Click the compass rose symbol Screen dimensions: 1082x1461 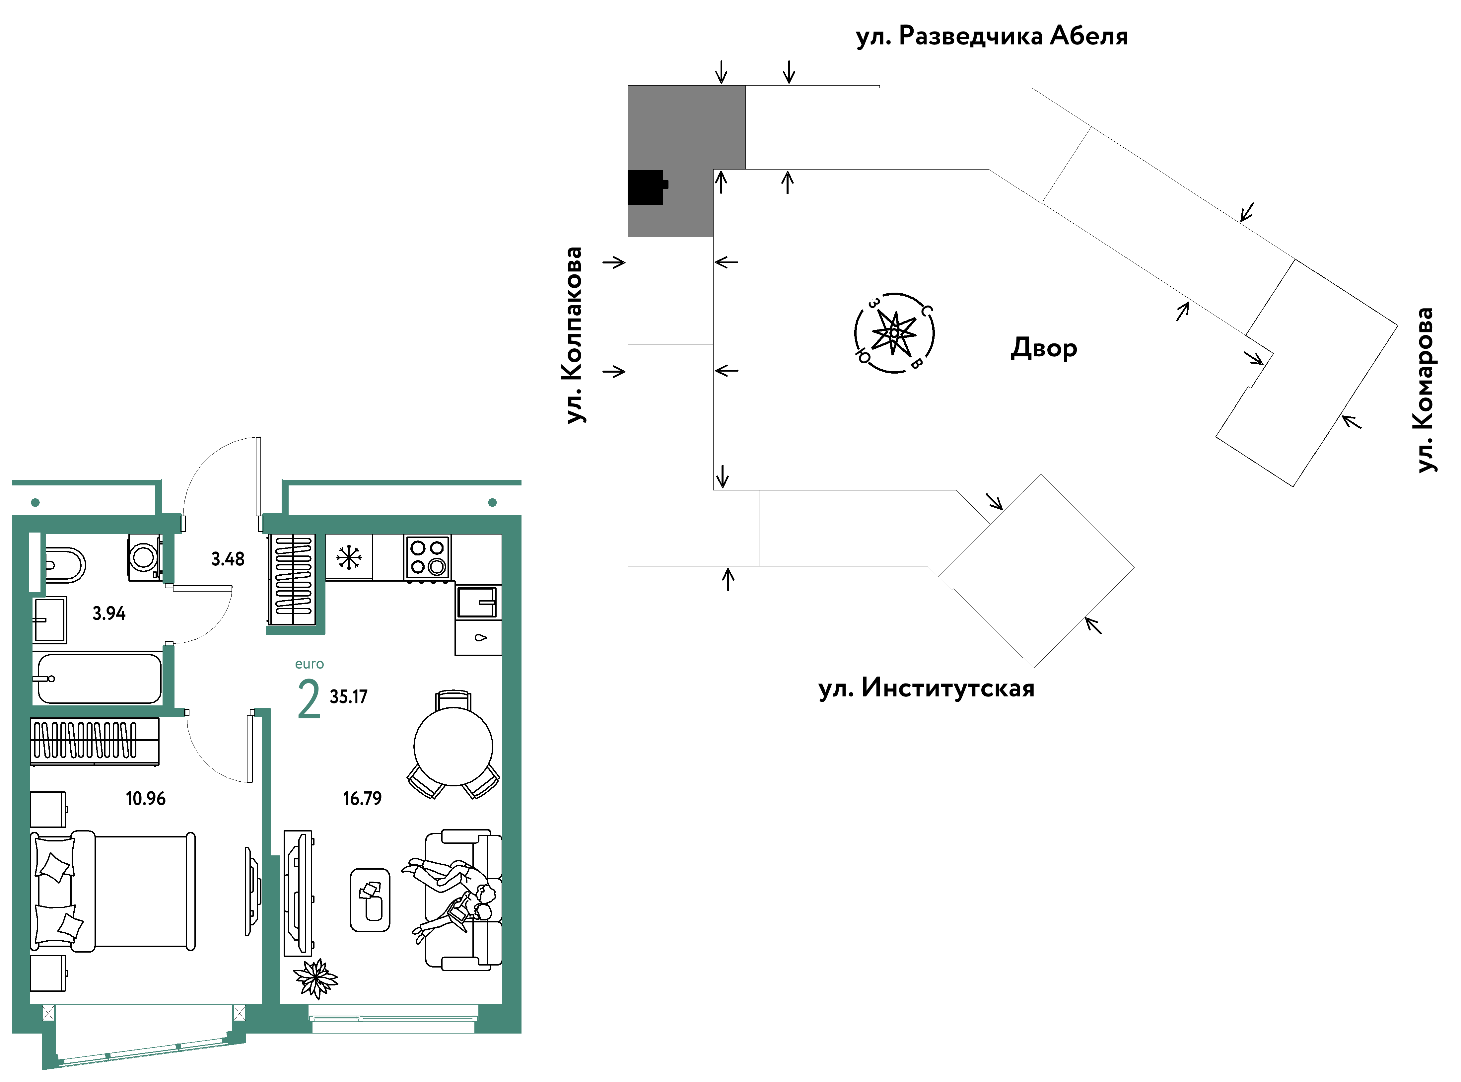point(894,333)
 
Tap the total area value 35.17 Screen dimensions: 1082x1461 point(348,697)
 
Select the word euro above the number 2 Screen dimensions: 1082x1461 point(309,664)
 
